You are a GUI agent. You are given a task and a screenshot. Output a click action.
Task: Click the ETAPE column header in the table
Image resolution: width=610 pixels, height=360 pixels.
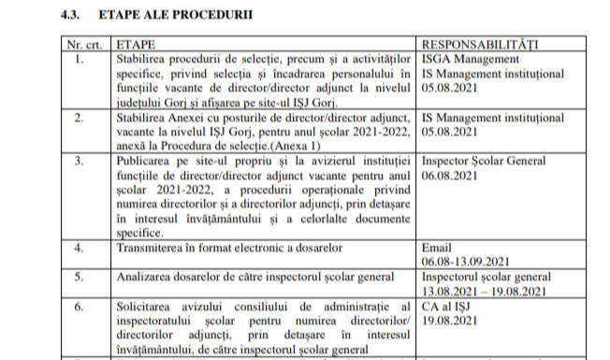pos(134,44)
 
